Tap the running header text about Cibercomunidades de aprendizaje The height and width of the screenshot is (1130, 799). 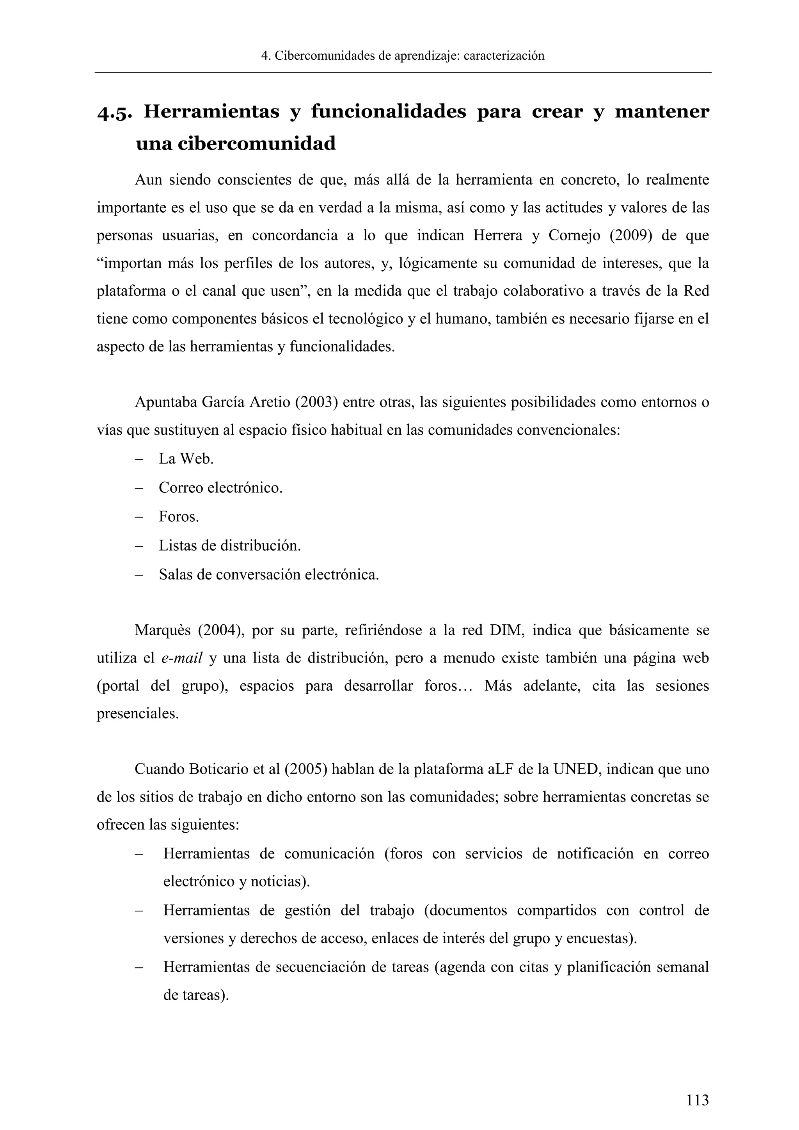point(403,56)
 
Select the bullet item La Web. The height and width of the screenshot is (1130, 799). point(186,459)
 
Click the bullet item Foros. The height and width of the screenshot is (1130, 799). point(179,517)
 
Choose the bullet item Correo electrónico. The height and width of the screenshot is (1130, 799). point(220,488)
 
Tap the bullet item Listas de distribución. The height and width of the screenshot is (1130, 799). point(229,546)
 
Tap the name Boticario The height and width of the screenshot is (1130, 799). point(218,769)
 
